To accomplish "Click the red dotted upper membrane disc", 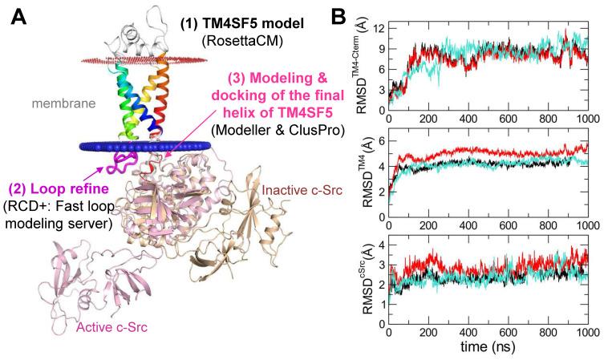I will point(144,59).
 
